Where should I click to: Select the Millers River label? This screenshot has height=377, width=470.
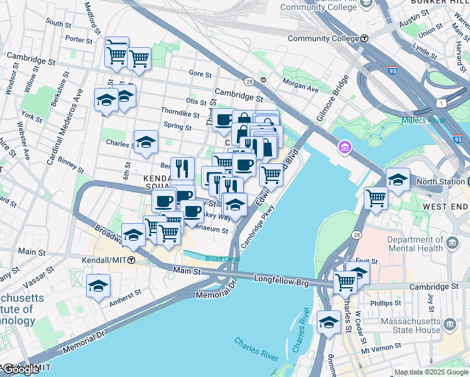pos(424,120)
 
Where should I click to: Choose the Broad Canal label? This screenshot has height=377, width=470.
pos(222,258)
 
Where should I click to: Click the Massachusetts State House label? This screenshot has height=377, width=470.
pos(412,325)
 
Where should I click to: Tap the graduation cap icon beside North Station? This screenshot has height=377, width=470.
pos(397,180)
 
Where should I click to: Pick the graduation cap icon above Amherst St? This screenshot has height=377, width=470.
pos(98,286)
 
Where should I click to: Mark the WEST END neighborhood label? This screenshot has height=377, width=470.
pos(445,206)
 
